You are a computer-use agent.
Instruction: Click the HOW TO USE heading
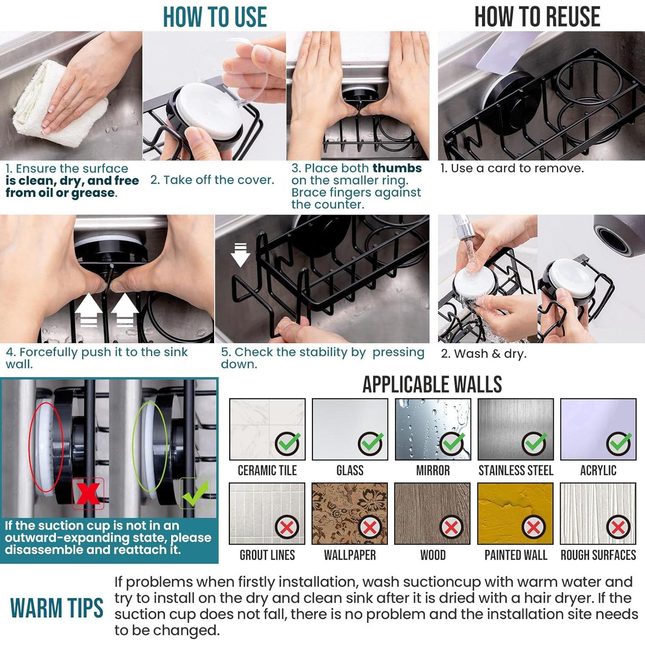pos(215,17)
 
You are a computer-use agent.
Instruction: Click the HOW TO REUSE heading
pos(537,17)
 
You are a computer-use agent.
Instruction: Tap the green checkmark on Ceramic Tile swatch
pos(288,444)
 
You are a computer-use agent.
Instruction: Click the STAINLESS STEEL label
pos(516,470)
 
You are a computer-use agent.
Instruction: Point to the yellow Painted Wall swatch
pos(515,513)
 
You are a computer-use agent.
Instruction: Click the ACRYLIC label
pos(598,470)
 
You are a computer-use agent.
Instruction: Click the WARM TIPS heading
pos(57,608)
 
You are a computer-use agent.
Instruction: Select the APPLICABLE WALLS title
pos(432,384)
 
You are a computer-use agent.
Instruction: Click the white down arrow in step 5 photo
pos(240,255)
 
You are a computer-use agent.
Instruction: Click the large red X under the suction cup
pos(88,493)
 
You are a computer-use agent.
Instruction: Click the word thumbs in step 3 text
pos(397,168)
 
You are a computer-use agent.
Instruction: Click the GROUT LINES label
pos(267,555)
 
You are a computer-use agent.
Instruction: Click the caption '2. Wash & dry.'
pos(484,354)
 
